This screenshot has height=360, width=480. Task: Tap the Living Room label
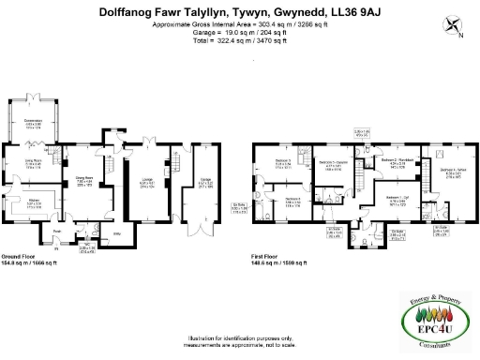click(x=34, y=162)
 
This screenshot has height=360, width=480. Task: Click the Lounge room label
click(x=146, y=184)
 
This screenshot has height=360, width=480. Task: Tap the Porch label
click(x=57, y=232)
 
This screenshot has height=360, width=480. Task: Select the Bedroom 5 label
click(x=283, y=163)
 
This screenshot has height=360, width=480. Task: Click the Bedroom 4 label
click(x=454, y=172)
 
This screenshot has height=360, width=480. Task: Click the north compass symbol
click(x=454, y=28)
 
